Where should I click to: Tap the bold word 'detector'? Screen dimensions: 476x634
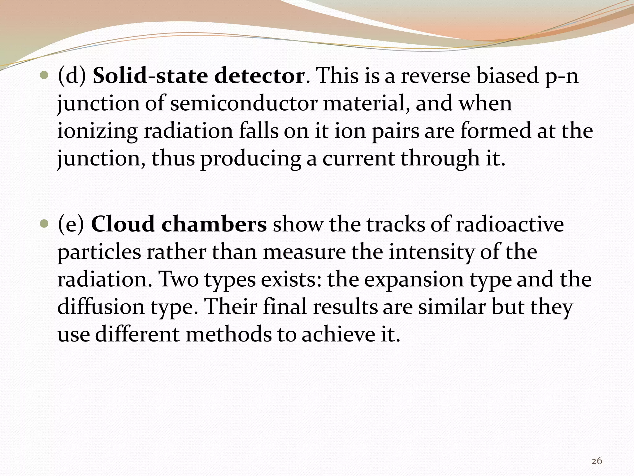(259, 76)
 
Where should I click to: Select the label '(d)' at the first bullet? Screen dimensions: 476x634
(72, 76)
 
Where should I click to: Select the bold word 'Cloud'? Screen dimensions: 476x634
(123, 224)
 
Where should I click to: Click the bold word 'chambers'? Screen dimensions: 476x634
(214, 224)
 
